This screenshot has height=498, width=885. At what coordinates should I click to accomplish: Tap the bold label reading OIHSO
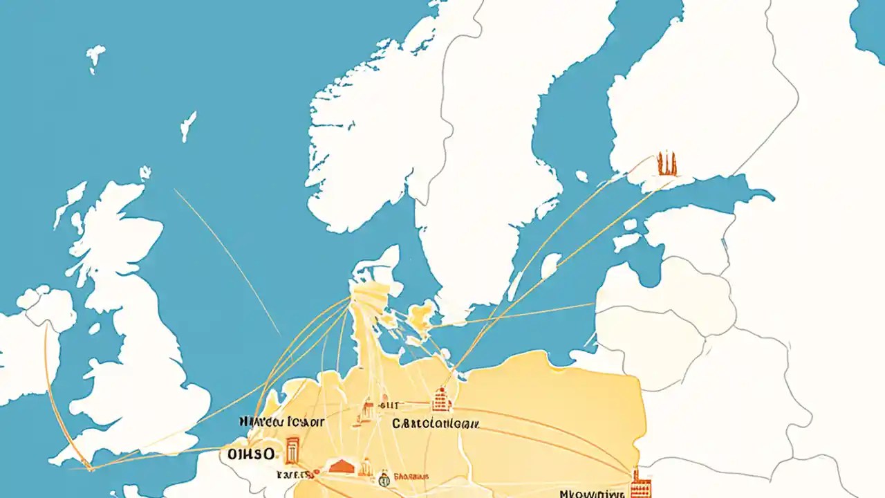(250, 454)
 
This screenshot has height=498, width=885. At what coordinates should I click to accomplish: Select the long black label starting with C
(436, 423)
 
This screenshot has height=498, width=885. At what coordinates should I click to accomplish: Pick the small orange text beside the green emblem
(411, 477)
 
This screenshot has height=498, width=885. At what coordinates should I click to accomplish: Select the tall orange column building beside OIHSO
(292, 450)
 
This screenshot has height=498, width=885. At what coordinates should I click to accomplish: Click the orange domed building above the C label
(440, 399)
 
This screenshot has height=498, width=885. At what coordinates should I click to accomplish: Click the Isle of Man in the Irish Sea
(95, 327)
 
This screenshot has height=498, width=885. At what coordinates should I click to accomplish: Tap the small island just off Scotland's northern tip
(145, 173)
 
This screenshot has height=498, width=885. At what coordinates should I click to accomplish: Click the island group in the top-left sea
(95, 59)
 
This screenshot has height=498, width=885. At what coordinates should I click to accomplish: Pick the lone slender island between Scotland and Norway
(187, 127)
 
